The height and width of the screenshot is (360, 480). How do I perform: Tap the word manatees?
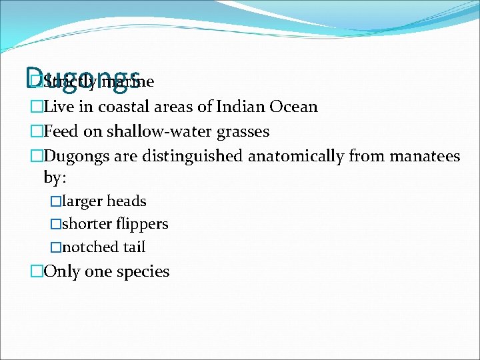(x=425, y=157)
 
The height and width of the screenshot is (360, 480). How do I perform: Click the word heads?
(x=127, y=201)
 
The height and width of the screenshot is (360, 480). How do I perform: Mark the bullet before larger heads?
(x=55, y=201)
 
